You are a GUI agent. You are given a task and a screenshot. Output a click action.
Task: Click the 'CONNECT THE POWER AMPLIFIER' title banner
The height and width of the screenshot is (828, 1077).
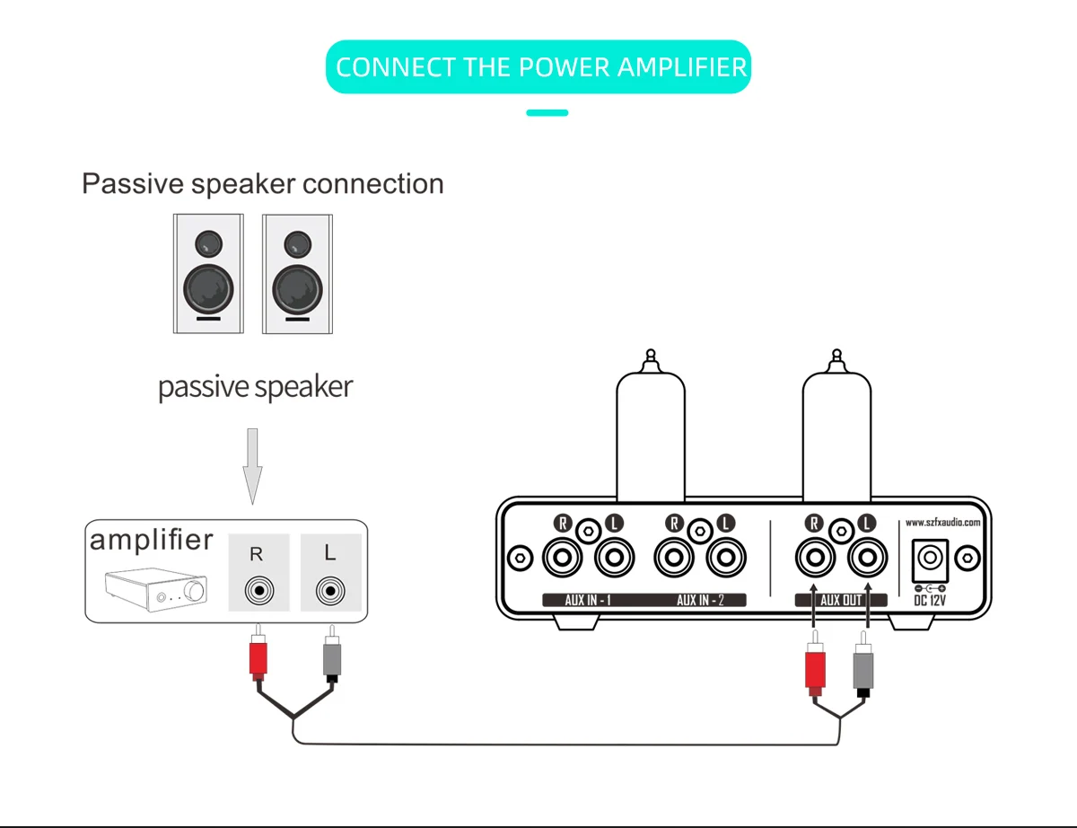pos(538,67)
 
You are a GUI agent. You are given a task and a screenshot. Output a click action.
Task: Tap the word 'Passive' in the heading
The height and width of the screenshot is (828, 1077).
pos(133,184)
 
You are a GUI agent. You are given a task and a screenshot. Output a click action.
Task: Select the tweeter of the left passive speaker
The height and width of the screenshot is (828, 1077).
pos(208,244)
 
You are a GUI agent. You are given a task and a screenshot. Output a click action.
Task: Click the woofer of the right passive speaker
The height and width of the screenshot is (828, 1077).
pos(297,290)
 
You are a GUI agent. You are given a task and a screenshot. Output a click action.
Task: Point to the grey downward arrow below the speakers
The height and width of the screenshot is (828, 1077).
pos(252,466)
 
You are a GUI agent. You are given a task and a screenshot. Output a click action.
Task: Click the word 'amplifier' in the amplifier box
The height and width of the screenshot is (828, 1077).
pos(151,540)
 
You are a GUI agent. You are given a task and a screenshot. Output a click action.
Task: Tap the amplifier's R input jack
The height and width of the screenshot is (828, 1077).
pos(259,591)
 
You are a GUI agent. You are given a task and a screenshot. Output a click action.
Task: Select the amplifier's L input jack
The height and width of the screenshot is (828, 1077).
pos(330,591)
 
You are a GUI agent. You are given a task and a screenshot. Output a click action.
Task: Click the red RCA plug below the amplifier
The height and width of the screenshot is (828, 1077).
pos(258,654)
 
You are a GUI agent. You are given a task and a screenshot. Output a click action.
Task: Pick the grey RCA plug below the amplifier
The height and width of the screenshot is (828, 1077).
pos(332,654)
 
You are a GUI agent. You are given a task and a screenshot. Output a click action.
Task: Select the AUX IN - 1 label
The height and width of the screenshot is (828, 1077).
pos(588,601)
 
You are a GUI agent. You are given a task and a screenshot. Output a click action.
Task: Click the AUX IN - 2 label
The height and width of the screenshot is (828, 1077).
pos(700,601)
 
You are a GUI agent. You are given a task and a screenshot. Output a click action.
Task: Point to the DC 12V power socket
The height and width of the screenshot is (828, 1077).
pos(931,560)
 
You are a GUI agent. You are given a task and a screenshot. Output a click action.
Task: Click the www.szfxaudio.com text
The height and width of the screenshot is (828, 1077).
pos(942,523)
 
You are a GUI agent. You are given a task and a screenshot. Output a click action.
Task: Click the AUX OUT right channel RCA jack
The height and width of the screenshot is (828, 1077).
pos(815,558)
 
